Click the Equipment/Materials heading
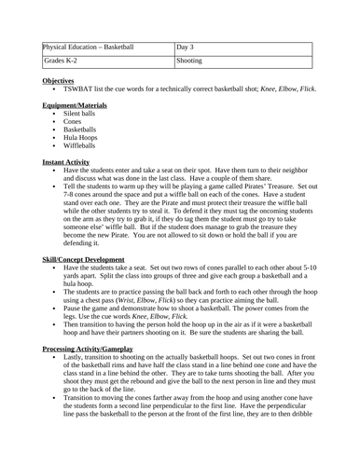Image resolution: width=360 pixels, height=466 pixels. [x=74, y=104]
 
